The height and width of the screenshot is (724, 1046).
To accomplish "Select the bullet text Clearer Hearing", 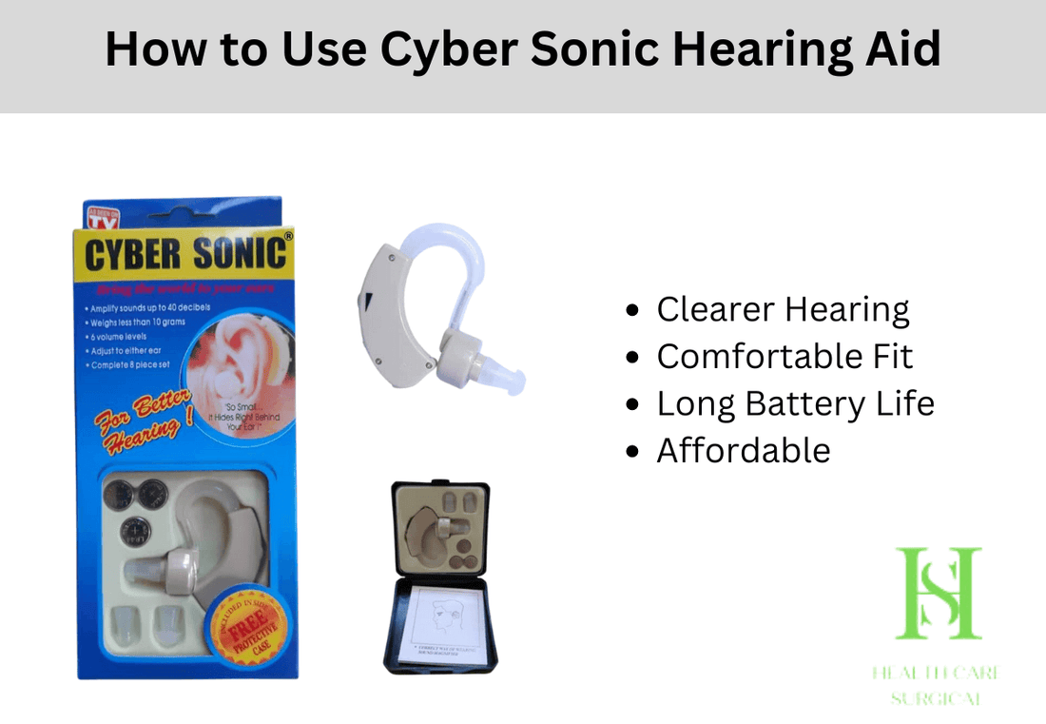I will click(x=783, y=309).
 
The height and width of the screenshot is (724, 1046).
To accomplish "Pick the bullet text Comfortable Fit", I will click(x=784, y=357).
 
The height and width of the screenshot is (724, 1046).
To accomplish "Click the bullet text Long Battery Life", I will click(x=795, y=403).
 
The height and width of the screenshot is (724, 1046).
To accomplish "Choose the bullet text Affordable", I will click(x=743, y=450).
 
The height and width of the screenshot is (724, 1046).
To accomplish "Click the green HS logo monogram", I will click(x=938, y=594).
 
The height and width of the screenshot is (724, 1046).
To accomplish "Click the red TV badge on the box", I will click(x=101, y=218).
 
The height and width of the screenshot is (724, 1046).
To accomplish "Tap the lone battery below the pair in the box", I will click(x=136, y=530).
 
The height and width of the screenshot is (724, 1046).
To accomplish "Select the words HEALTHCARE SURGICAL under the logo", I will click(x=938, y=685).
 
